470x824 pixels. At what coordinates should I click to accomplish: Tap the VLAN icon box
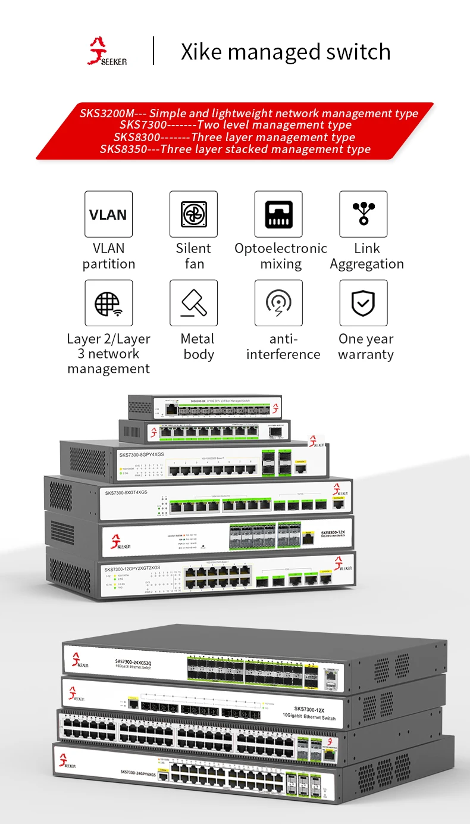(x=108, y=214)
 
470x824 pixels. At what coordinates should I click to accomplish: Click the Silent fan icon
(x=193, y=214)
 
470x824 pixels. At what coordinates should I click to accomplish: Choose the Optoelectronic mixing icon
(x=278, y=214)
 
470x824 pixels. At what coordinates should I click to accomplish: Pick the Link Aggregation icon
(x=363, y=214)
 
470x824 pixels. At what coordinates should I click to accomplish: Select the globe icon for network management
(x=108, y=303)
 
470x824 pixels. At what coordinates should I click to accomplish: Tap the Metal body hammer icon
(x=193, y=303)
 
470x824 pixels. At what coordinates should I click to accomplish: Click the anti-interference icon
(x=278, y=303)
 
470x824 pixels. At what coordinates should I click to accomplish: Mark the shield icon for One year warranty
(x=363, y=303)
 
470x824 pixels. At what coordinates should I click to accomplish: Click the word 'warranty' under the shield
(x=366, y=354)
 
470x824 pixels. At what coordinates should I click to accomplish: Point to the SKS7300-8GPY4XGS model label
(x=141, y=455)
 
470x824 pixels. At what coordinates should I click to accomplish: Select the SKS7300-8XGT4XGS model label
(x=126, y=492)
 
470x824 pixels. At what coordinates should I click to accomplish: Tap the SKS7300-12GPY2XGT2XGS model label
(x=132, y=569)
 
